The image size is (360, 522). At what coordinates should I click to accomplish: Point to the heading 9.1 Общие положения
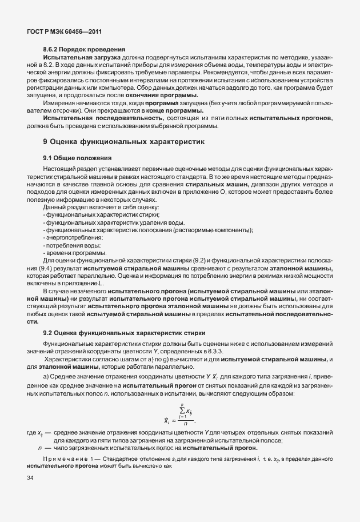[77, 157]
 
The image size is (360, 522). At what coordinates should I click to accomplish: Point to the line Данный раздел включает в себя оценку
[95, 207]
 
